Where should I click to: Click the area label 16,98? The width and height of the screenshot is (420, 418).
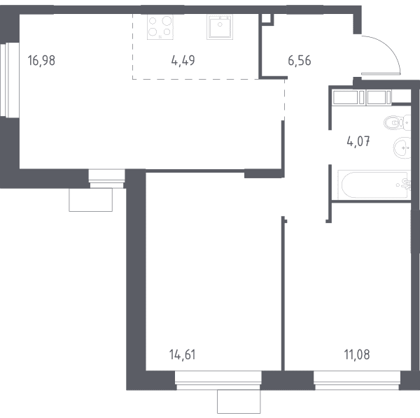click(x=41, y=61)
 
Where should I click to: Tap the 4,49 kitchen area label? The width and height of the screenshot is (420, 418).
click(x=183, y=61)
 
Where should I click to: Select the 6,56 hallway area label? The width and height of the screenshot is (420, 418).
click(x=300, y=61)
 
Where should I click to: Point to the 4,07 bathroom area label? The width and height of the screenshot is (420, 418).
click(x=358, y=141)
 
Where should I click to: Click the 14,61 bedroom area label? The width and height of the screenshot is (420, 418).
click(x=183, y=355)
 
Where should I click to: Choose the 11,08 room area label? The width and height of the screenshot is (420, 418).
click(x=357, y=355)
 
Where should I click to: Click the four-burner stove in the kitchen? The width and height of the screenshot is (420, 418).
click(x=160, y=27)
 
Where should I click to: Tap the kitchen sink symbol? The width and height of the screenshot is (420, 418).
click(x=220, y=27)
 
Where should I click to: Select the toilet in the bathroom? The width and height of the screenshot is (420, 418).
click(x=397, y=123)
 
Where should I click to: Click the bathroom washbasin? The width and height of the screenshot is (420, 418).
click(x=402, y=147)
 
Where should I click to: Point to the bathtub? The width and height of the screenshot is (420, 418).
click(x=374, y=185)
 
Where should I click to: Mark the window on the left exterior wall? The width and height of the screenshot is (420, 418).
click(x=10, y=80)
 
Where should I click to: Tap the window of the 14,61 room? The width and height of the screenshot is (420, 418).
click(x=218, y=380)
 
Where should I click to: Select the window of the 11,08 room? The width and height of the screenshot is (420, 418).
click(x=357, y=380)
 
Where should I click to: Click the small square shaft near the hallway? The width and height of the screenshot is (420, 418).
click(x=267, y=19)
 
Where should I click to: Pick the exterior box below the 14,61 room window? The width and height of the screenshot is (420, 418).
click(x=239, y=401)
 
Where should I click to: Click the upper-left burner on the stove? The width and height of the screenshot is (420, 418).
click(x=153, y=20)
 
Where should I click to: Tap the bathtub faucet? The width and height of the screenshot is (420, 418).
click(x=406, y=185)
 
